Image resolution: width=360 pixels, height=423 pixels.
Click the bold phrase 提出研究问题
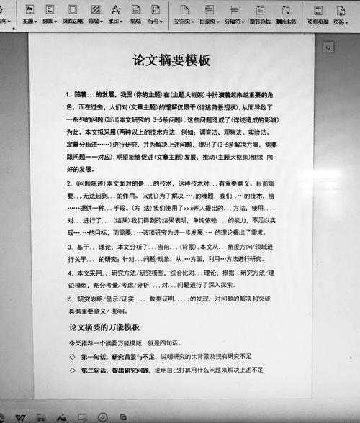point(131,370)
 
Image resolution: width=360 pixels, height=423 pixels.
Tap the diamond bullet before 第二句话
point(72,370)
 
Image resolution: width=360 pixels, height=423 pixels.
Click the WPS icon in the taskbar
point(21,416)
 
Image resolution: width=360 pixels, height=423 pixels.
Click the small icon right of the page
point(328,46)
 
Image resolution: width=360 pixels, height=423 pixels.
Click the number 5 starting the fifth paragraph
point(70,298)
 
